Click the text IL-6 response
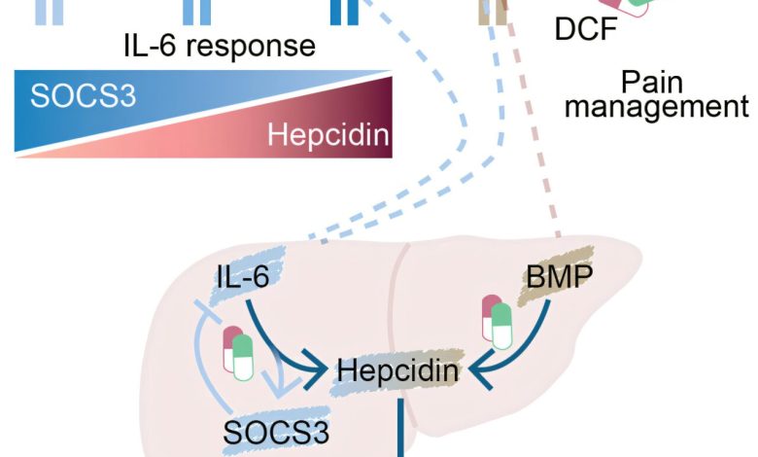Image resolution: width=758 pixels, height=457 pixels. pos(220,45)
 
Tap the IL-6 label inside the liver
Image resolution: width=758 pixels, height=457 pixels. pos(242,281)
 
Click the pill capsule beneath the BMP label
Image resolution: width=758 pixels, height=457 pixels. pos(497,322)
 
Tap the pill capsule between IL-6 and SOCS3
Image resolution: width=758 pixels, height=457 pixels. pos(238,353)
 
